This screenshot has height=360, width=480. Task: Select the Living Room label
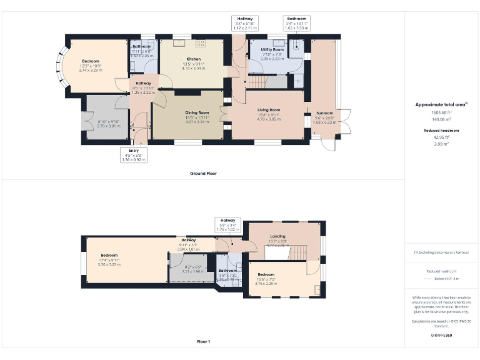tap(269, 110)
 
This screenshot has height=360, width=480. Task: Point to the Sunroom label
tap(324, 113)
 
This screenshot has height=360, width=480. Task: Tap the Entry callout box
tap(134, 155)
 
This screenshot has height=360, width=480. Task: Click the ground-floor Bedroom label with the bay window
tap(91, 61)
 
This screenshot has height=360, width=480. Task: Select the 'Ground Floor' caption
tap(203, 173)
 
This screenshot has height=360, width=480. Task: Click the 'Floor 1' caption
tap(203, 342)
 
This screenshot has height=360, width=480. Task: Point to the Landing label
tap(277, 236)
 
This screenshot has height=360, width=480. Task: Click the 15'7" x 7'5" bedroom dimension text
tap(266, 282)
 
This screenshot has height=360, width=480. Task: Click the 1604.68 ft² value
tap(439, 112)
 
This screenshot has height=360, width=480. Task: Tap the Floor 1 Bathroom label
tap(227, 271)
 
